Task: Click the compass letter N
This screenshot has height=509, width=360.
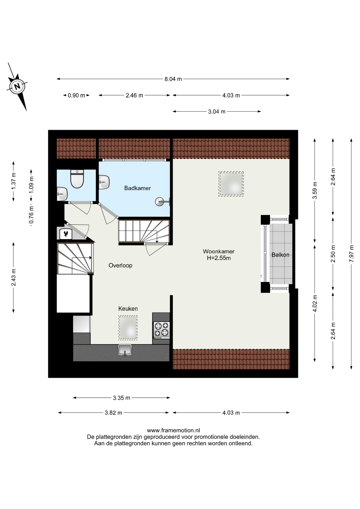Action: click(x=17, y=86)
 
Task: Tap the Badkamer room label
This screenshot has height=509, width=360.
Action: click(x=137, y=188)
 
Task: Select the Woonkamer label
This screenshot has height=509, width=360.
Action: click(x=219, y=251)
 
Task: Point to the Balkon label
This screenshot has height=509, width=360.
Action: click(x=280, y=255)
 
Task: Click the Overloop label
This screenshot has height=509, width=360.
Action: click(x=120, y=265)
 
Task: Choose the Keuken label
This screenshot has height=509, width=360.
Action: click(x=128, y=309)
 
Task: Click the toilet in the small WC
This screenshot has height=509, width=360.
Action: click(x=77, y=179)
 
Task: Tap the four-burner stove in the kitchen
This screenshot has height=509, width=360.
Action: click(x=161, y=330)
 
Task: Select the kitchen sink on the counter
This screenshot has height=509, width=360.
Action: click(x=125, y=350)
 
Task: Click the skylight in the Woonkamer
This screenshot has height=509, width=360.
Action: click(x=231, y=184)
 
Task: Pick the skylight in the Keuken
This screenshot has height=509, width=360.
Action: click(x=128, y=328)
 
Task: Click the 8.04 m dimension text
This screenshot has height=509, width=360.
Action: click(x=173, y=79)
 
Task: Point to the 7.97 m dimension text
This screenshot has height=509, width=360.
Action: click(x=352, y=254)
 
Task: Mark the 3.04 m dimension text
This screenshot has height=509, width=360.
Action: click(x=217, y=112)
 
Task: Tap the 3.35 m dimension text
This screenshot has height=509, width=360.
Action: click(x=121, y=398)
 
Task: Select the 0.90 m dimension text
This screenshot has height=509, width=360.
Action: click(x=76, y=95)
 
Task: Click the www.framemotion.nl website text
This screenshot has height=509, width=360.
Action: click(x=173, y=430)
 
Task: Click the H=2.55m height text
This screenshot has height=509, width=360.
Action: click(x=219, y=258)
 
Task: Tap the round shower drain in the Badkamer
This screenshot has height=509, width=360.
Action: click(x=160, y=202)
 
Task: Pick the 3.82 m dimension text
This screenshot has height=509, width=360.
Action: click(x=113, y=413)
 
